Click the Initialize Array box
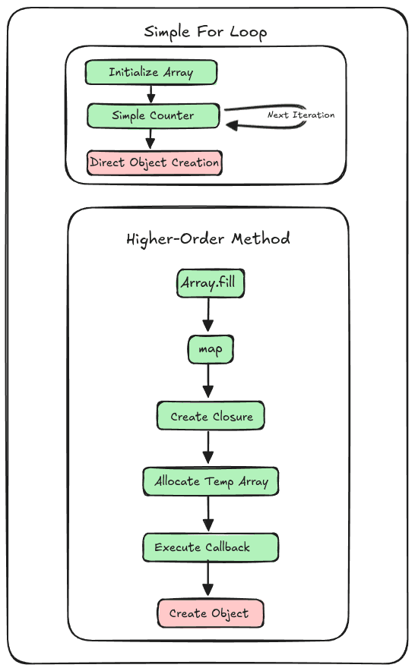[x=151, y=73]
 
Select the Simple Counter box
[x=154, y=116]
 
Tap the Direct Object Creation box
[x=155, y=162]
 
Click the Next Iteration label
[x=301, y=115]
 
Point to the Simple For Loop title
[x=205, y=32]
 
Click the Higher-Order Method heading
[x=207, y=238]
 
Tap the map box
[x=210, y=350]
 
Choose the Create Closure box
[x=211, y=417]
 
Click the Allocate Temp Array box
[x=211, y=481]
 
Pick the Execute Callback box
[x=211, y=547]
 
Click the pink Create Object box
[x=211, y=613]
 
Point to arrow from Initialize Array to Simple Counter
[x=150, y=94]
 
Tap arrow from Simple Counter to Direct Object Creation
[x=150, y=139]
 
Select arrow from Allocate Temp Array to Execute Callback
[x=208, y=515]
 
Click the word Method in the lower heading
[x=261, y=238]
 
